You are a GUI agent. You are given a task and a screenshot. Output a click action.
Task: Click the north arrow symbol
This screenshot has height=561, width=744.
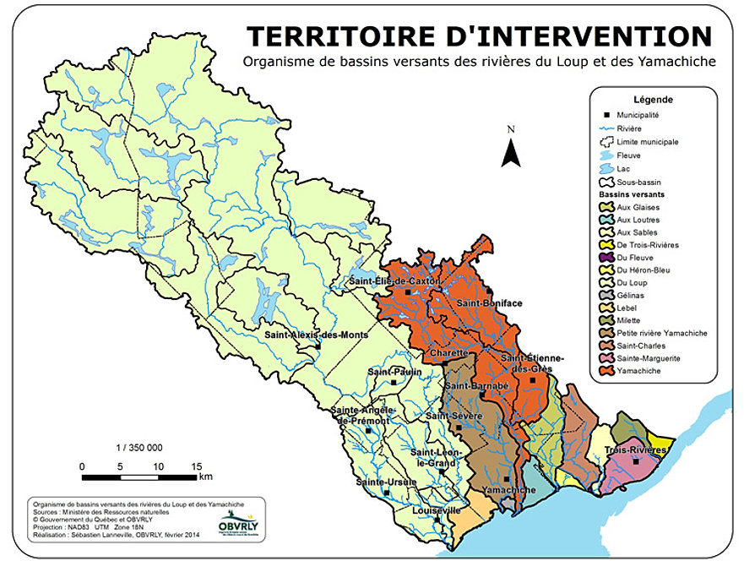[510, 152]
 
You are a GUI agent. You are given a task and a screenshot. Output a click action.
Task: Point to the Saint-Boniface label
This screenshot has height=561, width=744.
[489, 302]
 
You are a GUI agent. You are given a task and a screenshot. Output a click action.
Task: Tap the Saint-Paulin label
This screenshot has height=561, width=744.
[394, 372]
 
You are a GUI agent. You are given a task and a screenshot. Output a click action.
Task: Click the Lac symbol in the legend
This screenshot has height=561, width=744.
[604, 168]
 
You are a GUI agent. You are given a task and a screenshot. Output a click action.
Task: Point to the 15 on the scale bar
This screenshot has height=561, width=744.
[196, 466]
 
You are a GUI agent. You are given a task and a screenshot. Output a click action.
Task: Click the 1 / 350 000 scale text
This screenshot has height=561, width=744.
[138, 448]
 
